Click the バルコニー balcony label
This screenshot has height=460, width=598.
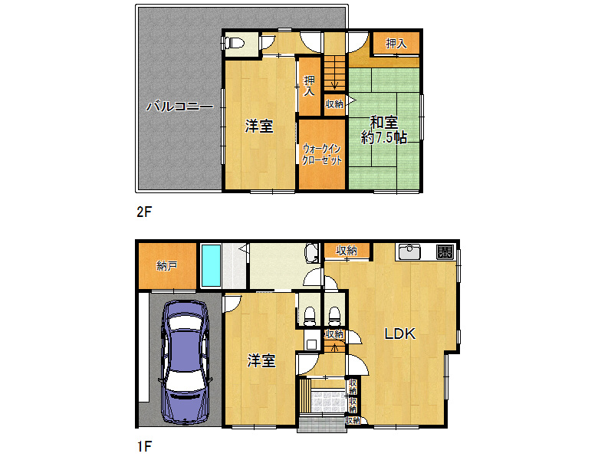pyautogui.click(x=179, y=106)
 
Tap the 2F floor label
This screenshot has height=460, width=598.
pyautogui.click(x=144, y=212)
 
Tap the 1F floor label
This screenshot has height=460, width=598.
pyautogui.click(x=144, y=446)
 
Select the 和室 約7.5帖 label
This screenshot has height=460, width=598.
pyautogui.click(x=384, y=130)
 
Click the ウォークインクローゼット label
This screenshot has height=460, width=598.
pyautogui.click(x=322, y=154)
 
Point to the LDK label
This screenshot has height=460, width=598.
pyautogui.click(x=399, y=333)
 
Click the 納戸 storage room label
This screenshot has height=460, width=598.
pyautogui.click(x=167, y=266)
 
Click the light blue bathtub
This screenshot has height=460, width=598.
pyautogui.click(x=211, y=265)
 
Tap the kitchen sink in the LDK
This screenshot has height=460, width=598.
pyautogui.click(x=409, y=251)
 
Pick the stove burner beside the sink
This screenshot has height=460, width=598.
pyautogui.click(x=445, y=251)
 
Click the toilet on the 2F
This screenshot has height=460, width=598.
pyautogui.click(x=235, y=42)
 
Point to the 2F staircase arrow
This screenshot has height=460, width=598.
pyautogui.click(x=334, y=80)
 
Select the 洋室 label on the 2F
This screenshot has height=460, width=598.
pyautogui.click(x=259, y=126)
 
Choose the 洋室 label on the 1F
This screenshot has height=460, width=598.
pyautogui.click(x=261, y=360)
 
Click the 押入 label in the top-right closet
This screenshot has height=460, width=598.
pyautogui.click(x=396, y=44)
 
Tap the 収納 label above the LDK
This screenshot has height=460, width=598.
pyautogui.click(x=347, y=251)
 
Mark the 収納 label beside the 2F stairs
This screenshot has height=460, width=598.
pyautogui.click(x=334, y=103)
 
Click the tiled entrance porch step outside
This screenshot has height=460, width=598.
pyautogui.click(x=322, y=425)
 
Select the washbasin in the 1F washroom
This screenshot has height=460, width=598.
pyautogui.click(x=312, y=253)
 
